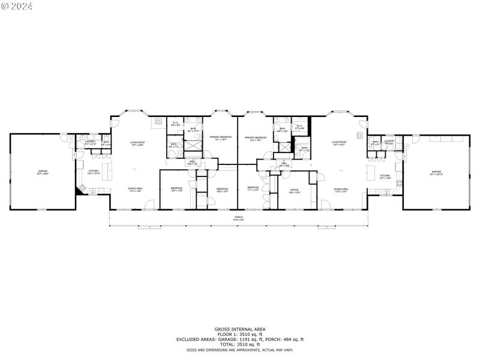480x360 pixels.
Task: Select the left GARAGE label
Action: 42,172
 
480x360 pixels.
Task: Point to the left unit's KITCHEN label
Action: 94,172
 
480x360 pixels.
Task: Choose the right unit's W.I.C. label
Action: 299,127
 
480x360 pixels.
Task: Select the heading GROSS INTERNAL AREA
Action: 240,329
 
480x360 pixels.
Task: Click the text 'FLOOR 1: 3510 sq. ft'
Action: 240,334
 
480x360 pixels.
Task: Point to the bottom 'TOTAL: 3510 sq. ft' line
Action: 240,344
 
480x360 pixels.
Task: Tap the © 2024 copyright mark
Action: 17,6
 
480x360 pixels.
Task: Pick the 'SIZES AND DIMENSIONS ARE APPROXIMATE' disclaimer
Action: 240,350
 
